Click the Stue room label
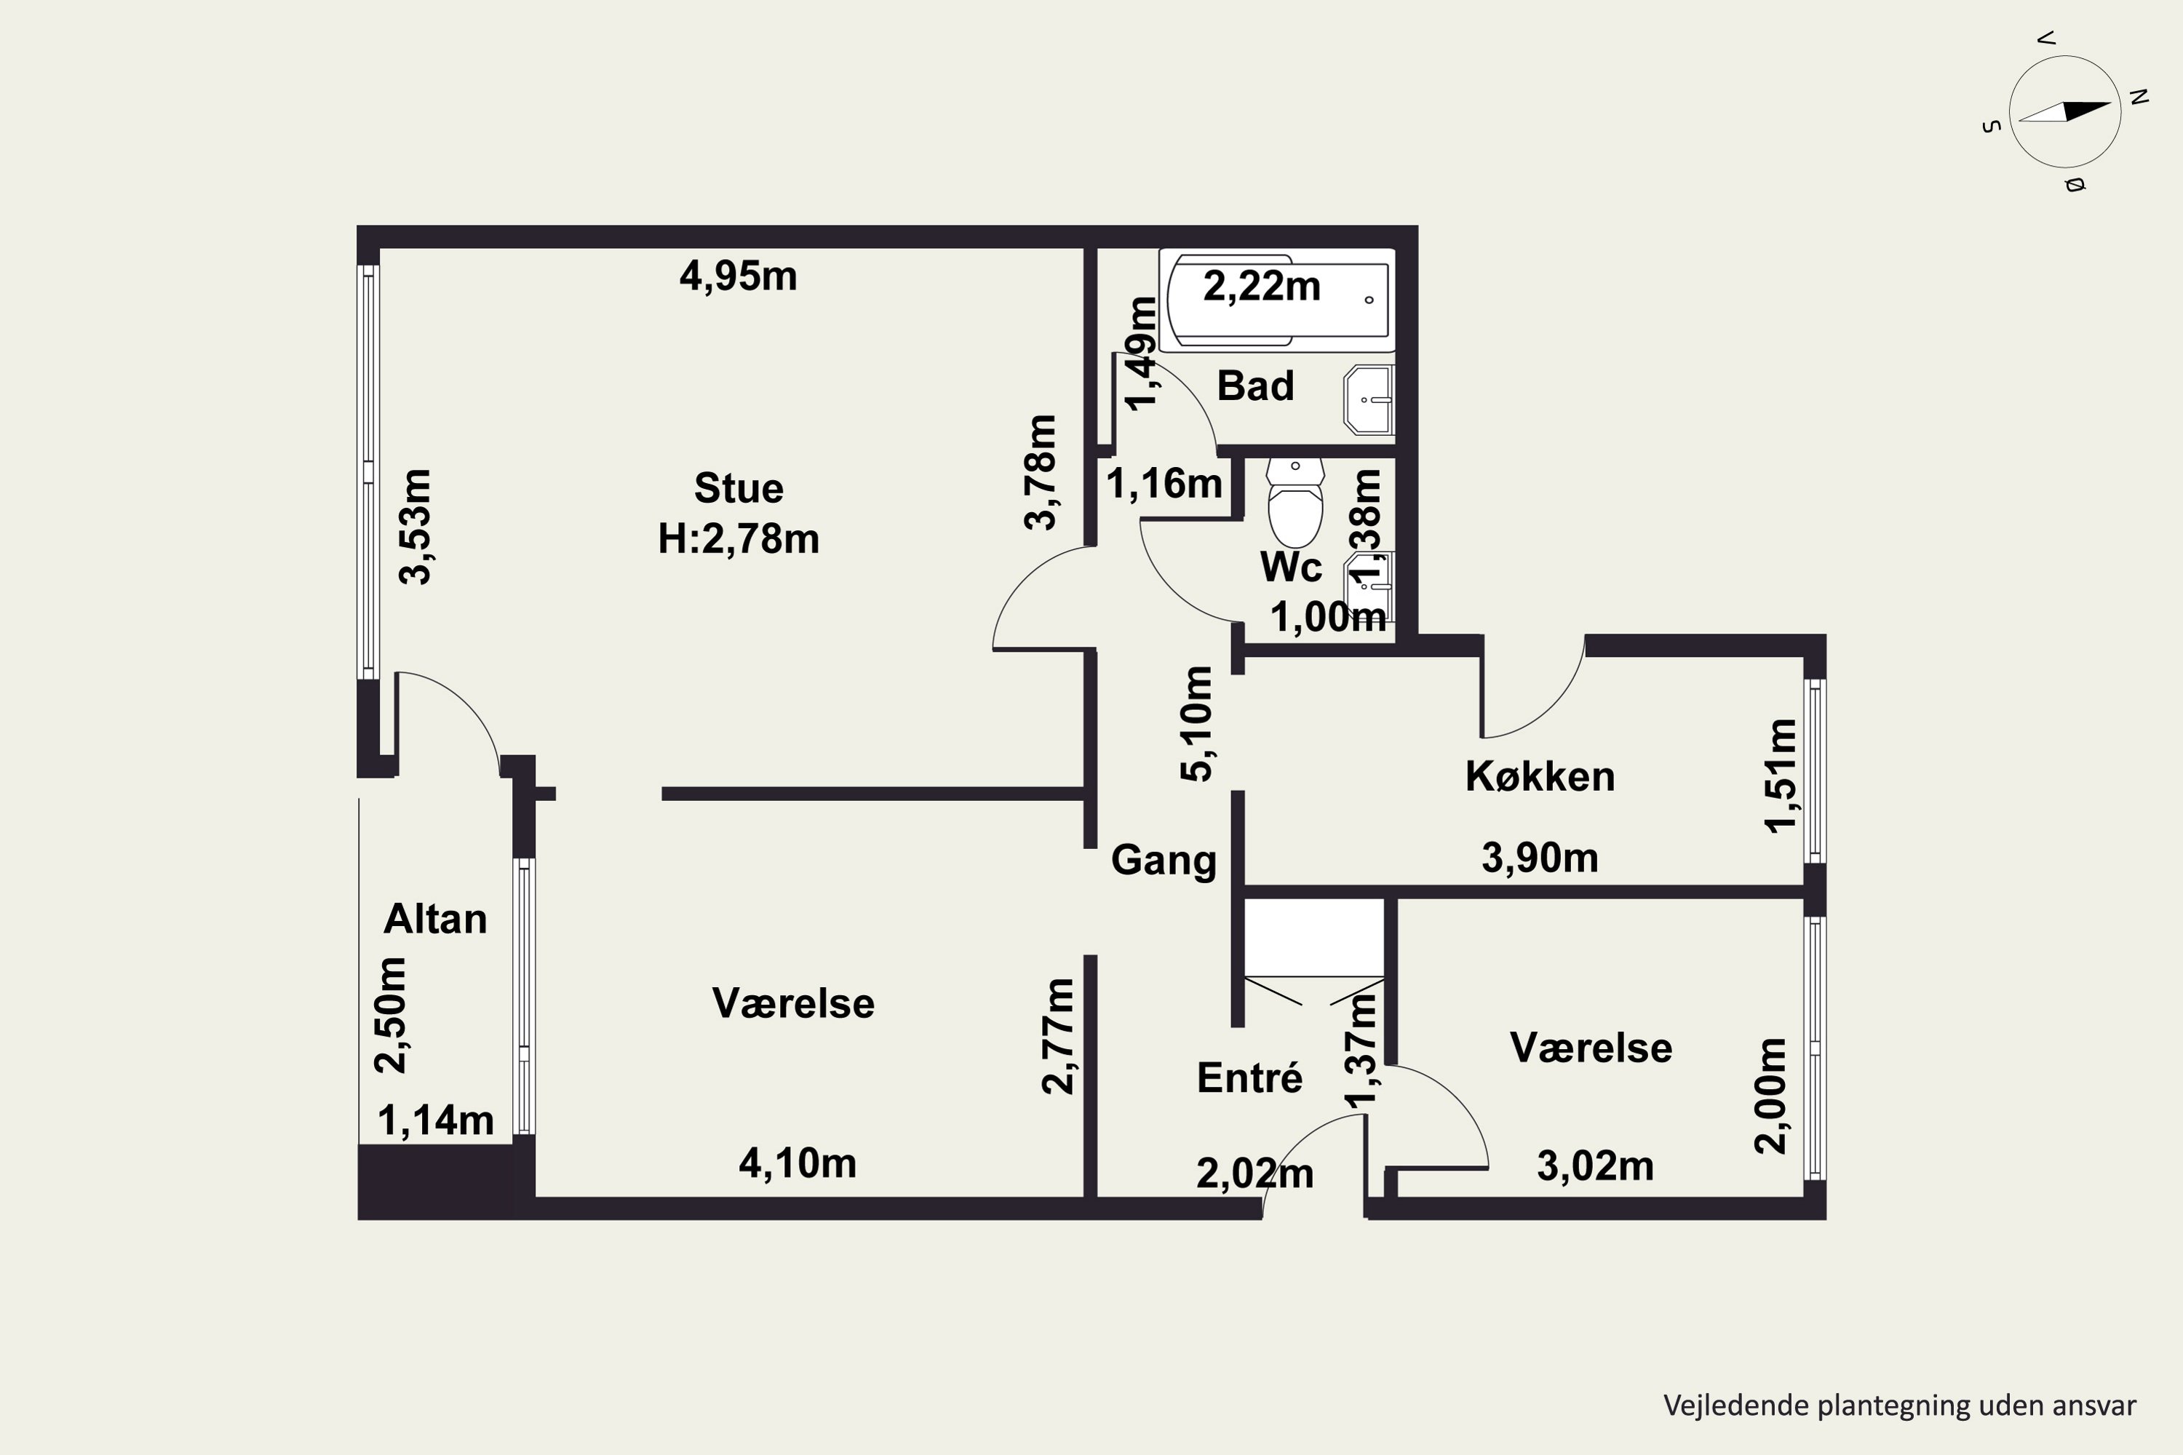tap(739, 488)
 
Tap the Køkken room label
tap(1540, 777)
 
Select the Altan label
tap(435, 919)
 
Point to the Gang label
tap(1164, 860)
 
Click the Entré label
tap(1249, 1077)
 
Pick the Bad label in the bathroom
tap(1254, 385)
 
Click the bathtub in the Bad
tap(1277, 300)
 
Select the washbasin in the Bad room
tap(1369, 400)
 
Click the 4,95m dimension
tap(738, 276)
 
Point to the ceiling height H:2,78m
tap(739, 538)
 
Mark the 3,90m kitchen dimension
tap(1540, 858)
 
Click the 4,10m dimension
tap(798, 1163)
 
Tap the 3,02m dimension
tap(1596, 1165)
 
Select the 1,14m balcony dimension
tap(435, 1121)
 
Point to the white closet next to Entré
tap(1313, 937)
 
